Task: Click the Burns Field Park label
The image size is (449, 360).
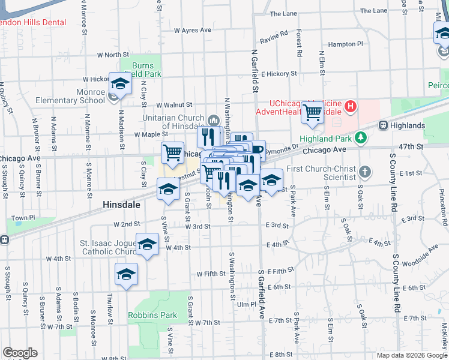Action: point(139,69)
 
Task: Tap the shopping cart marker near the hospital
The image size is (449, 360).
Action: point(312,112)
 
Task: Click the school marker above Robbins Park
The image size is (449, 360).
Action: point(126,275)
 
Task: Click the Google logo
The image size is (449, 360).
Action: point(20,353)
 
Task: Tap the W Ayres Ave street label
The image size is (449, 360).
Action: point(193,30)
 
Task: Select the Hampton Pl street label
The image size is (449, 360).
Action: point(346,44)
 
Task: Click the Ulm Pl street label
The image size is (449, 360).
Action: point(246,304)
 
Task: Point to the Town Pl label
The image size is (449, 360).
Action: point(23,218)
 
